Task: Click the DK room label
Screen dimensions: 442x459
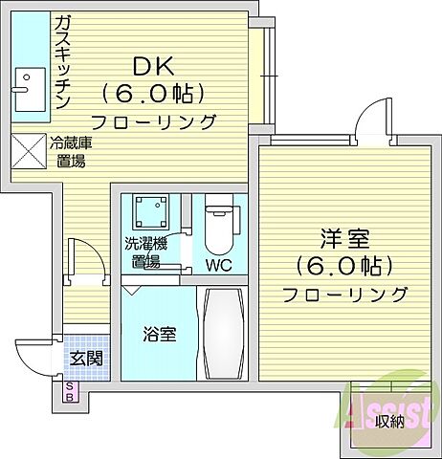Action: point(153,66)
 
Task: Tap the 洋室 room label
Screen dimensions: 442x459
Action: point(344,239)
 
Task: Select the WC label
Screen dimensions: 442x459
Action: point(218,265)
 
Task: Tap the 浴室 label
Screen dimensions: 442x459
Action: point(159,334)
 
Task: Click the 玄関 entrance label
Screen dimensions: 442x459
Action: point(86,359)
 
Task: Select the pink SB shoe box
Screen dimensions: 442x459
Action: point(70,392)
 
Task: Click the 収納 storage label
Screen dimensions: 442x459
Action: point(389,422)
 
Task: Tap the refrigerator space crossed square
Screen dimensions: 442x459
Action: point(29,151)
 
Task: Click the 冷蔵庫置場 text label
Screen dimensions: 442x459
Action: point(71,152)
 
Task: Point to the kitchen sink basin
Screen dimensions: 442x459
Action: point(31,90)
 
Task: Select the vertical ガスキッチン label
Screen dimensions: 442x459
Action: point(62,63)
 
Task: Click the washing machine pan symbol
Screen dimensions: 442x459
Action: point(151,211)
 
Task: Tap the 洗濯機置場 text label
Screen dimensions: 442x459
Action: point(145,252)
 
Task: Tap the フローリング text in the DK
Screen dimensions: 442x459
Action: point(153,121)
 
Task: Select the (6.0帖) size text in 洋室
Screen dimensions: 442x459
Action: point(344,267)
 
